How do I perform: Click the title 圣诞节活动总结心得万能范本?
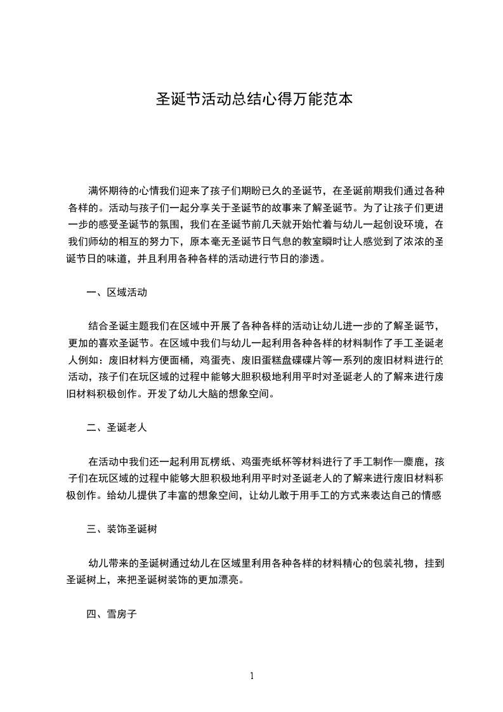coord(251,100)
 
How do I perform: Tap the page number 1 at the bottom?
coord(252,676)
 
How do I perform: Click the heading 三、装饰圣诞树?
coord(121,529)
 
